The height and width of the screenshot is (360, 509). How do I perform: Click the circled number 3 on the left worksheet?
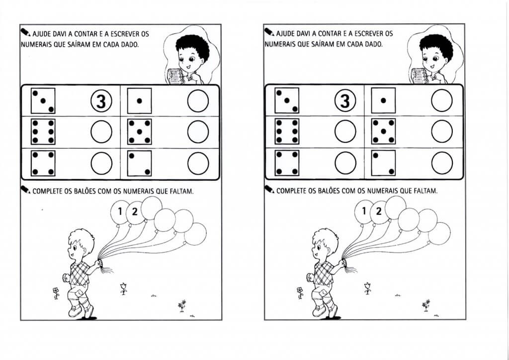(101, 101)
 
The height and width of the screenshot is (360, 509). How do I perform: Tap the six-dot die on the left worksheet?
(43, 132)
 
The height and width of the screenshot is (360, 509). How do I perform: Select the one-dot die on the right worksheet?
(383, 100)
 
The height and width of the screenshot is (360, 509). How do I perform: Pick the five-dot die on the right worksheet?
(383, 131)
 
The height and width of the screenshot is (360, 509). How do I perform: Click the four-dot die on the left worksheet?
(43, 163)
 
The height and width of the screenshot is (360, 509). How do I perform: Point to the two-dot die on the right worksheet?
(383, 163)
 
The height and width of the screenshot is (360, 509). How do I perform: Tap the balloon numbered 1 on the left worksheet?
(119, 212)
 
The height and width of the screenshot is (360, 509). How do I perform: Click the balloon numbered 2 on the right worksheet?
(379, 212)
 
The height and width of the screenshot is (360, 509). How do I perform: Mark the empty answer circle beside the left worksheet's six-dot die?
(101, 132)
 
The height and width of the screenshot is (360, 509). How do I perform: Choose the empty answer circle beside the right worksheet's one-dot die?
(442, 100)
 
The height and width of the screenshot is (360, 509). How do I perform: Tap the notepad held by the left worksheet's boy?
(175, 76)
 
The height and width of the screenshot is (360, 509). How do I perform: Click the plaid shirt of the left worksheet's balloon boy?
(80, 273)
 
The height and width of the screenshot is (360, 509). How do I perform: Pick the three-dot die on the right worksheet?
(287, 100)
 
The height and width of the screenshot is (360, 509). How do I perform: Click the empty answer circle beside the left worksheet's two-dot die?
(198, 163)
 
